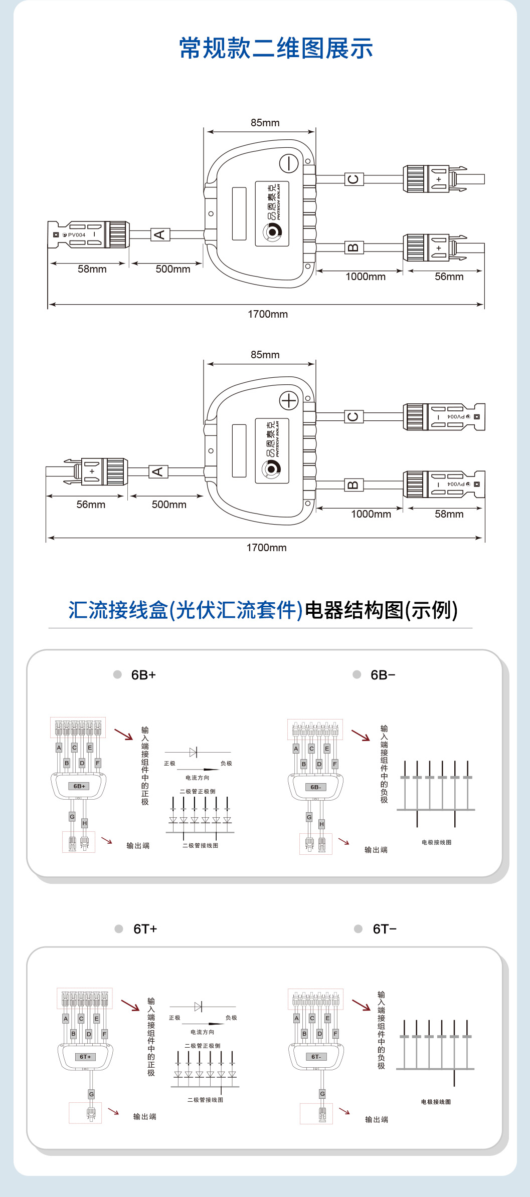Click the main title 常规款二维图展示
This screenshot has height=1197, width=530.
[x=276, y=49]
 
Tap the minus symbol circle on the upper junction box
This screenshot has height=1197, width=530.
[x=289, y=163]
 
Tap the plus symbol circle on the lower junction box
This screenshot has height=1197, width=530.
[x=289, y=400]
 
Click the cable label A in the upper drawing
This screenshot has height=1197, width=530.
[x=160, y=234]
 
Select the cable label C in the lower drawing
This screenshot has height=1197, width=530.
[x=354, y=416]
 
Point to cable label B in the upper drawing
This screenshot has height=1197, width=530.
[x=354, y=248]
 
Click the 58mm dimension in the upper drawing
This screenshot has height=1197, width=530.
[x=92, y=269]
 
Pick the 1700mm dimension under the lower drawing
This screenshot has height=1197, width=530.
[x=266, y=548]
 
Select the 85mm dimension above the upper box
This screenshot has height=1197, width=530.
[x=265, y=123]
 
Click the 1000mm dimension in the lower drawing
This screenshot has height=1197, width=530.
[x=371, y=514]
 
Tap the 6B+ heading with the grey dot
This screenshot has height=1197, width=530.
[x=143, y=675]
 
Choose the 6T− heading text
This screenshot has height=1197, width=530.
[x=385, y=929]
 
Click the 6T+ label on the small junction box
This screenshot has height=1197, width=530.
[x=86, y=1057]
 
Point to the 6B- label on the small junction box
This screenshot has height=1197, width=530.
[x=315, y=787]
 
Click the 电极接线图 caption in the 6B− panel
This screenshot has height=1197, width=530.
[x=436, y=842]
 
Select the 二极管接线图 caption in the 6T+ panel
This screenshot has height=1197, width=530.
[x=205, y=1100]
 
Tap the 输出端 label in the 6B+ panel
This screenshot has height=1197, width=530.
[x=138, y=846]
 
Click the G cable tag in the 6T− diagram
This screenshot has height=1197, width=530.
[x=322, y=1094]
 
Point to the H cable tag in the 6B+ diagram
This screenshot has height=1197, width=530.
[x=85, y=823]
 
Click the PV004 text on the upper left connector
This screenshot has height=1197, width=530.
[x=77, y=234]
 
